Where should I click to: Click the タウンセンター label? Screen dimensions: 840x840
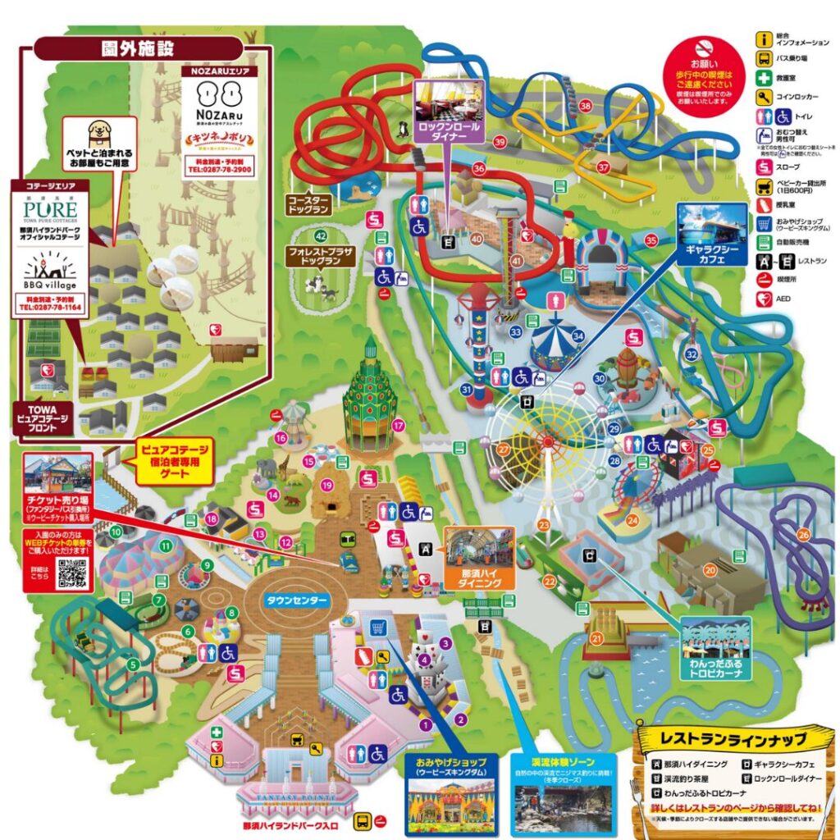[x=296, y=600]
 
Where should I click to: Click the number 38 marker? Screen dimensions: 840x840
[x=585, y=106]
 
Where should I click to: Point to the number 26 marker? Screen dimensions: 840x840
[x=803, y=535]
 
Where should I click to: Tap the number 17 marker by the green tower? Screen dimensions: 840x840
[x=399, y=425]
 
